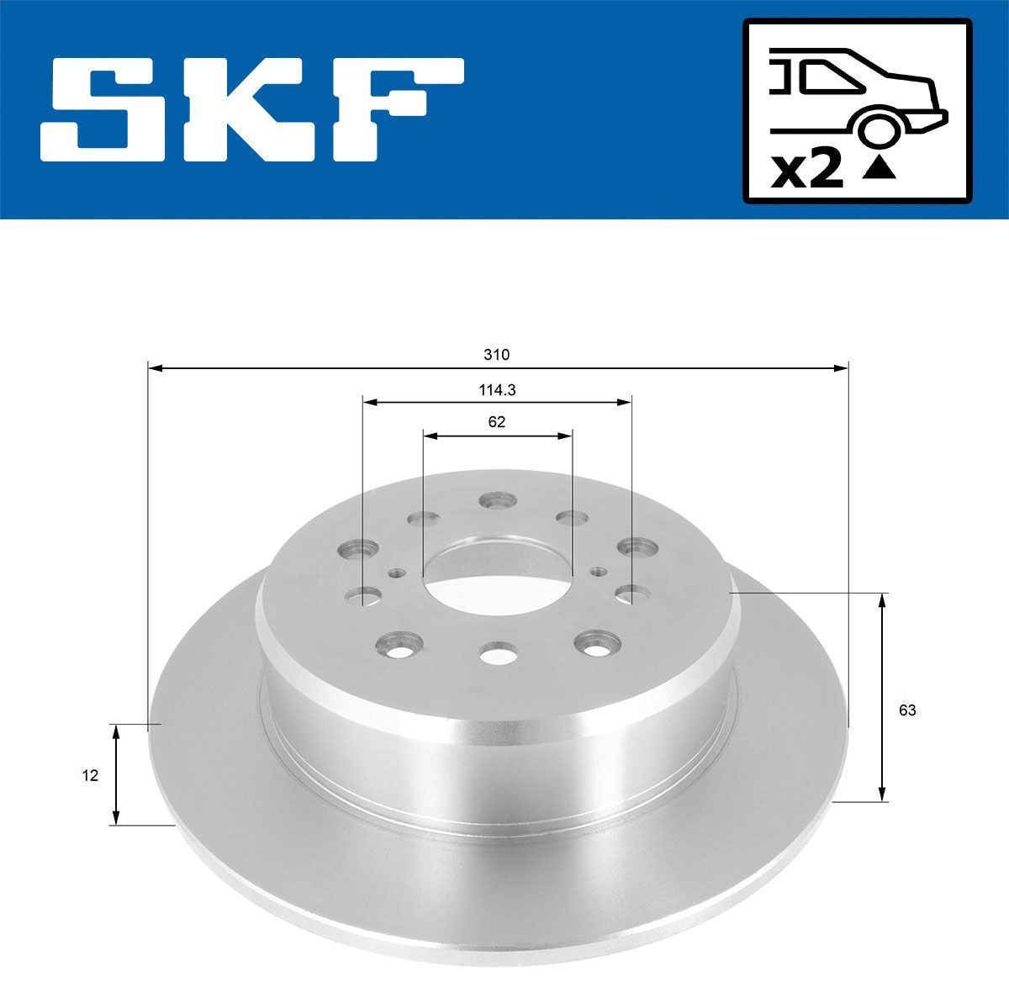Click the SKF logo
252,109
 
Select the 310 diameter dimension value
496,355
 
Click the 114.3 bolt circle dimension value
496,390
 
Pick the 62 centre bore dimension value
496,422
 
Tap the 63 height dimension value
906,710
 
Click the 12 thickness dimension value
90,775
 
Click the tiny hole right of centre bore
598,572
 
